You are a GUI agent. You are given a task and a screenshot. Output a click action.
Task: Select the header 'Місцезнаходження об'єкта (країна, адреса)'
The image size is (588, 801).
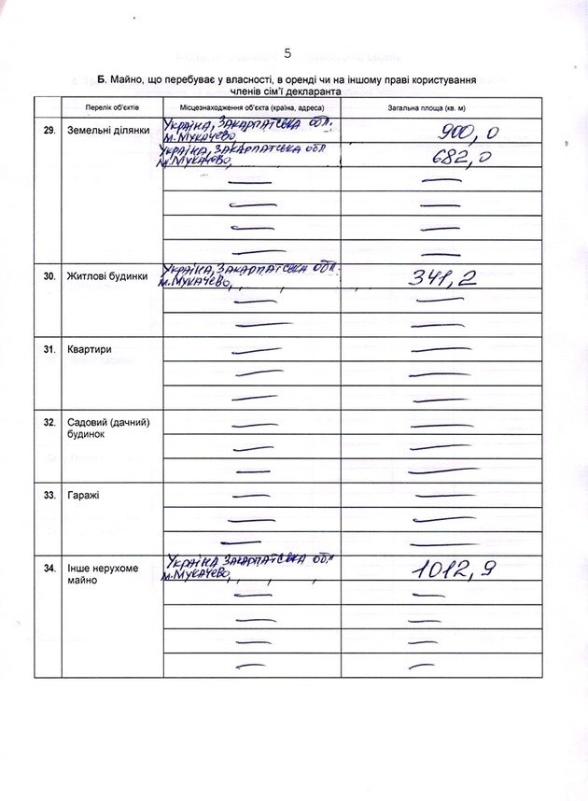(251, 108)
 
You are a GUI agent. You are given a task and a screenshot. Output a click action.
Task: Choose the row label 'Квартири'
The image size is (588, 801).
(90, 349)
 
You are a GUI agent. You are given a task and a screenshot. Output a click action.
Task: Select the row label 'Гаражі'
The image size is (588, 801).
(84, 495)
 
